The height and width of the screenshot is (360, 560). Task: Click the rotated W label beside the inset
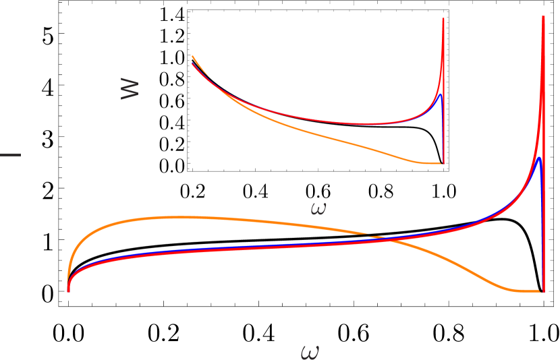[x=130, y=88]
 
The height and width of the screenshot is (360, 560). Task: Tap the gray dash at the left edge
[x=10, y=155]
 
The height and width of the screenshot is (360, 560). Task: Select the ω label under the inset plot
[x=318, y=208]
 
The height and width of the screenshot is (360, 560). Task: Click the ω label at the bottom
[x=309, y=351]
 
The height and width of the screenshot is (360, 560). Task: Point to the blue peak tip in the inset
[x=441, y=94]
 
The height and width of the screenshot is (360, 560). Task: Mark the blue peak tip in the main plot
[x=540, y=158]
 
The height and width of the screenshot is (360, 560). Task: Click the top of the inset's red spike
[x=443, y=19]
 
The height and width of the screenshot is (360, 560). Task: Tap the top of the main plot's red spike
[x=544, y=17]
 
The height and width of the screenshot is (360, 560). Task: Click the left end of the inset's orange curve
[x=192, y=56]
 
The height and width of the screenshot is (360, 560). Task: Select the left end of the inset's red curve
[x=192, y=64]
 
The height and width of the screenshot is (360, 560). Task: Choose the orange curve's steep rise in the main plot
[x=74, y=253]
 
